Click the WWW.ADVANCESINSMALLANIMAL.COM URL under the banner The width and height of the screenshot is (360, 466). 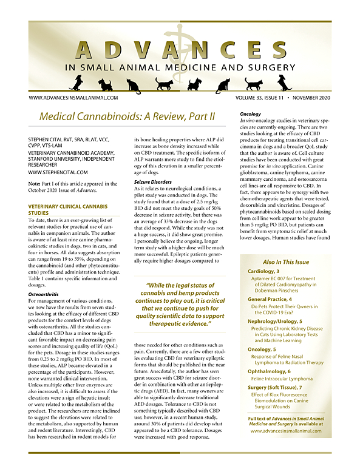click(x=73, y=97)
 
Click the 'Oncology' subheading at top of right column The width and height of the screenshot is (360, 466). click(x=233, y=114)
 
